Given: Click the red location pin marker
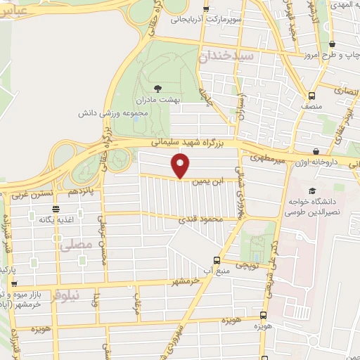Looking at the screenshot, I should click(x=181, y=166).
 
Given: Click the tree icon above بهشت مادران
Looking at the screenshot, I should click(x=157, y=89).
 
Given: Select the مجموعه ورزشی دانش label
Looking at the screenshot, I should click(x=112, y=112).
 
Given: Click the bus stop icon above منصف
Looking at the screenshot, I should click(x=311, y=95).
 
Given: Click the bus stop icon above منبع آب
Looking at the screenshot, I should click(x=215, y=259).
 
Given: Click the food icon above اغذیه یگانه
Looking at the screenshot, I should click(x=56, y=209).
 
